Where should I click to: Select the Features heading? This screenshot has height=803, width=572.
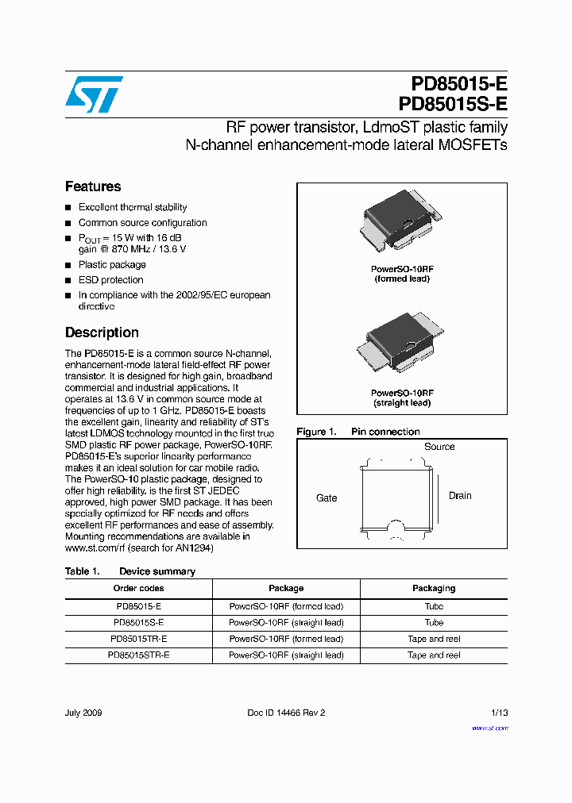[x=93, y=186]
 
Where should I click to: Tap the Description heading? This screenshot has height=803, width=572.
[x=102, y=332]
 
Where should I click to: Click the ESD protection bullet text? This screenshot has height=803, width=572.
[x=111, y=280]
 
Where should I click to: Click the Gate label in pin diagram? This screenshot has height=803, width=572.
[x=327, y=498]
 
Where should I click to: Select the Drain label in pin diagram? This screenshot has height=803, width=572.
[x=460, y=496]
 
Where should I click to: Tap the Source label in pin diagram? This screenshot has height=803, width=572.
[x=439, y=447]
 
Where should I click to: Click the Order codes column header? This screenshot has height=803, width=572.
[x=138, y=588]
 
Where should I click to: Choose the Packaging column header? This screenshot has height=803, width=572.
[x=434, y=588]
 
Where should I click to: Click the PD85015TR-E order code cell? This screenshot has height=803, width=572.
[x=138, y=639]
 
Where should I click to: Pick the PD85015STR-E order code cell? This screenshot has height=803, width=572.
[x=138, y=655]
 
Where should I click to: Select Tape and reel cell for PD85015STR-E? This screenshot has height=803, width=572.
[x=434, y=655]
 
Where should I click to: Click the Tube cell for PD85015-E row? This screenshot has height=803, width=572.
[x=434, y=606]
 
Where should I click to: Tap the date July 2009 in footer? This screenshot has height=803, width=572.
[x=83, y=713]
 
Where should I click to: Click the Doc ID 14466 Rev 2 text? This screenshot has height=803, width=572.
[x=286, y=713]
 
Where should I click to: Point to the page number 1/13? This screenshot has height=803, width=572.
[x=500, y=713]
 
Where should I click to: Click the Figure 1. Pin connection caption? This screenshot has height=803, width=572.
[x=358, y=432]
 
